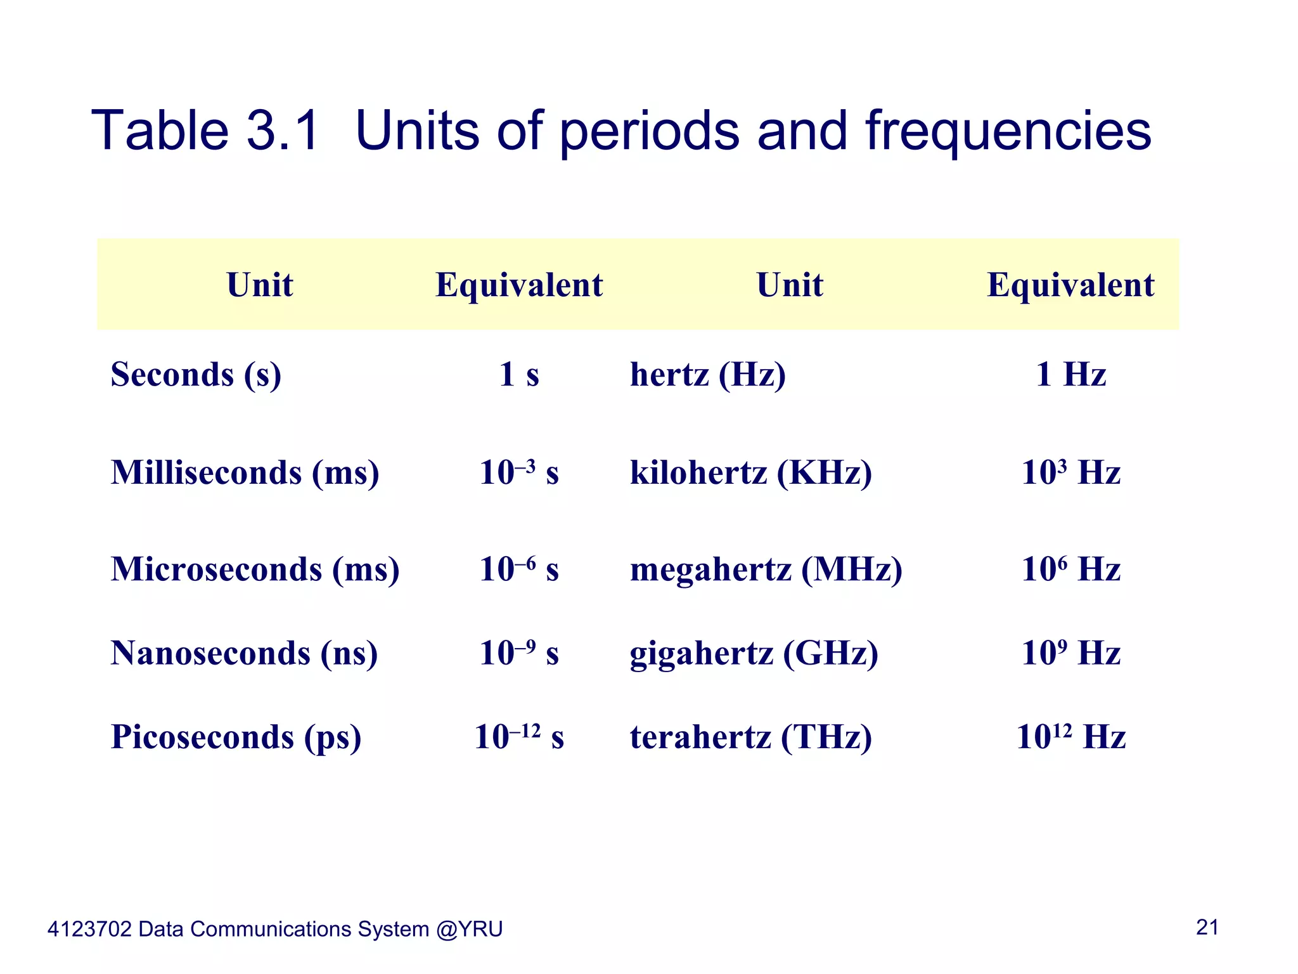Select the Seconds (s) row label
[196, 374]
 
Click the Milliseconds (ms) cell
[245, 473]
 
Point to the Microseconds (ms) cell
[255, 569]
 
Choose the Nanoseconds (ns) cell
[244, 653]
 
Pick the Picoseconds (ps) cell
[236, 737]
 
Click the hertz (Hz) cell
[707, 374]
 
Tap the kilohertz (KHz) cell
[750, 473]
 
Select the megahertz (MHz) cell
[766, 569]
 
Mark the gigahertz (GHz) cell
[754, 653]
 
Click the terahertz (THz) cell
[750, 737]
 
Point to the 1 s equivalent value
[518, 374]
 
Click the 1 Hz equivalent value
[1070, 374]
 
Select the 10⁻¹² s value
[518, 737]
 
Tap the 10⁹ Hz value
[1070, 653]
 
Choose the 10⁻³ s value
[518, 473]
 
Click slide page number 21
[1207, 928]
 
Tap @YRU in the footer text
[469, 930]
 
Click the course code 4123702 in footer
[89, 930]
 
